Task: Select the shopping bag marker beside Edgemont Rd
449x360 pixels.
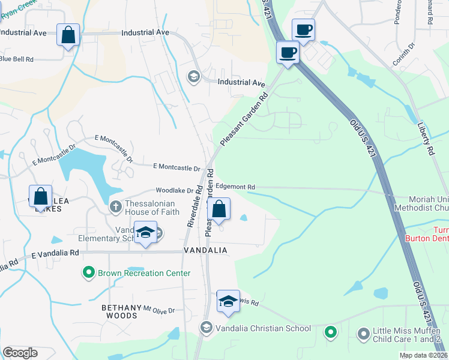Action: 220,210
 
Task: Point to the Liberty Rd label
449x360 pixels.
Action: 426,139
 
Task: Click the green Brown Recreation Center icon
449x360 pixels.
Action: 89,273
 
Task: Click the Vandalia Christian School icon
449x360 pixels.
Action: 206,328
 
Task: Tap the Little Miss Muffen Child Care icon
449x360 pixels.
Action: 363,332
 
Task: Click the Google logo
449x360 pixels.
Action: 20,353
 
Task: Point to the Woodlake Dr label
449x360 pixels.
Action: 175,191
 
